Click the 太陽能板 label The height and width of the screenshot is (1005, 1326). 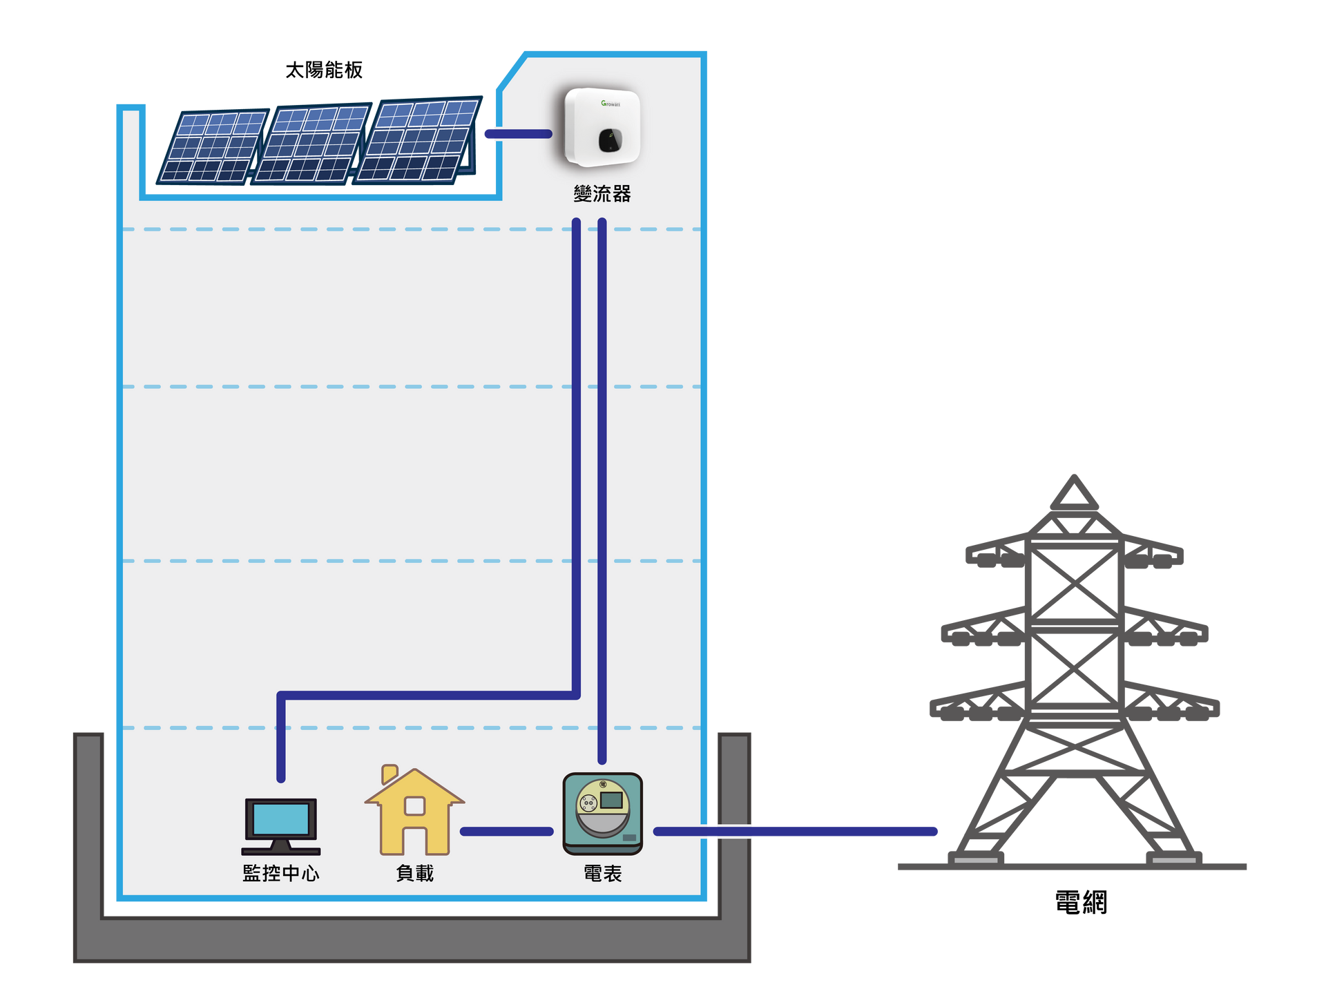(324, 70)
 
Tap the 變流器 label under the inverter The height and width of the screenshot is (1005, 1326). (602, 193)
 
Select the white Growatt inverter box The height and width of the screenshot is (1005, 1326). (602, 127)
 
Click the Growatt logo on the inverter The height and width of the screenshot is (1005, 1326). (611, 104)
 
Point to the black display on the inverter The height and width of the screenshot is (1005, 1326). (610, 140)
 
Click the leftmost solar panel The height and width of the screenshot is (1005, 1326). (213, 146)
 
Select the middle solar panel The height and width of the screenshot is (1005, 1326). (311, 144)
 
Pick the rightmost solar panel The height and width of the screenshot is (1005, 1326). (417, 140)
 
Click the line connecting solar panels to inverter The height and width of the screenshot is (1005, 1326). (519, 134)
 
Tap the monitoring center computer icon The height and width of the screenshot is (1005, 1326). (281, 826)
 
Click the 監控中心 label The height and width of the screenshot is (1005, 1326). (281, 873)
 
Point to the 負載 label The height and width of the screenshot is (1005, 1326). (414, 873)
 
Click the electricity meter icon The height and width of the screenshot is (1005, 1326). (603, 814)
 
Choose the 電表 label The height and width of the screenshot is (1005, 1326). (603, 873)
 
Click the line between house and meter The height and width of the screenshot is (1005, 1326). (507, 832)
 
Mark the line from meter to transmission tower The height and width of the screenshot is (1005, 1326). (796, 832)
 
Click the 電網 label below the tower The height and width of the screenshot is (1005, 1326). (1082, 903)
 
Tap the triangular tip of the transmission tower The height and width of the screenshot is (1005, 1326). (1075, 477)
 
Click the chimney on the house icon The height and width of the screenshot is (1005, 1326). (390, 774)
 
